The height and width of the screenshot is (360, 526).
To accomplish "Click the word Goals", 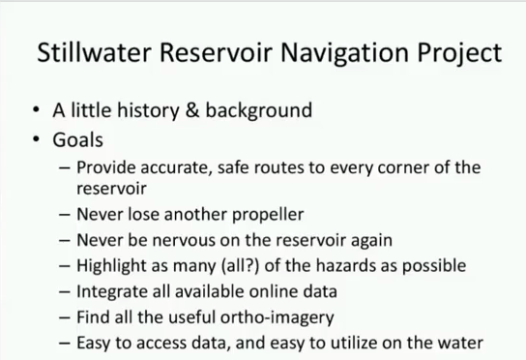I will point(78,138).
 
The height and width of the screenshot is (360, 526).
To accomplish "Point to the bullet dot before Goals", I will point(37,139).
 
